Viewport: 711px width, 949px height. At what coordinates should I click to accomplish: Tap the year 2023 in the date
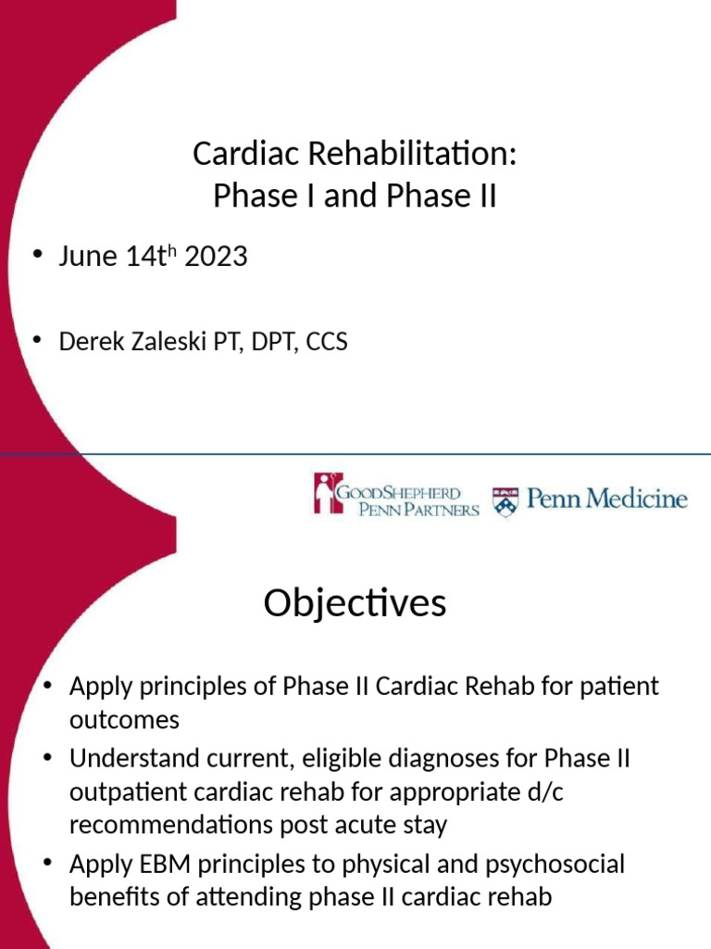pyautogui.click(x=216, y=257)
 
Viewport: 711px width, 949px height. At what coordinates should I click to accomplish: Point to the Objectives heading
pyautogui.click(x=355, y=604)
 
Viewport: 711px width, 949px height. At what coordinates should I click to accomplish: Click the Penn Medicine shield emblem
pyautogui.click(x=505, y=501)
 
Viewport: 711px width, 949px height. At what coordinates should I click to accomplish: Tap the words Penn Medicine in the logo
pyautogui.click(x=606, y=500)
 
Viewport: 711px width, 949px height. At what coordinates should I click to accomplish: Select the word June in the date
pyautogui.click(x=89, y=257)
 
